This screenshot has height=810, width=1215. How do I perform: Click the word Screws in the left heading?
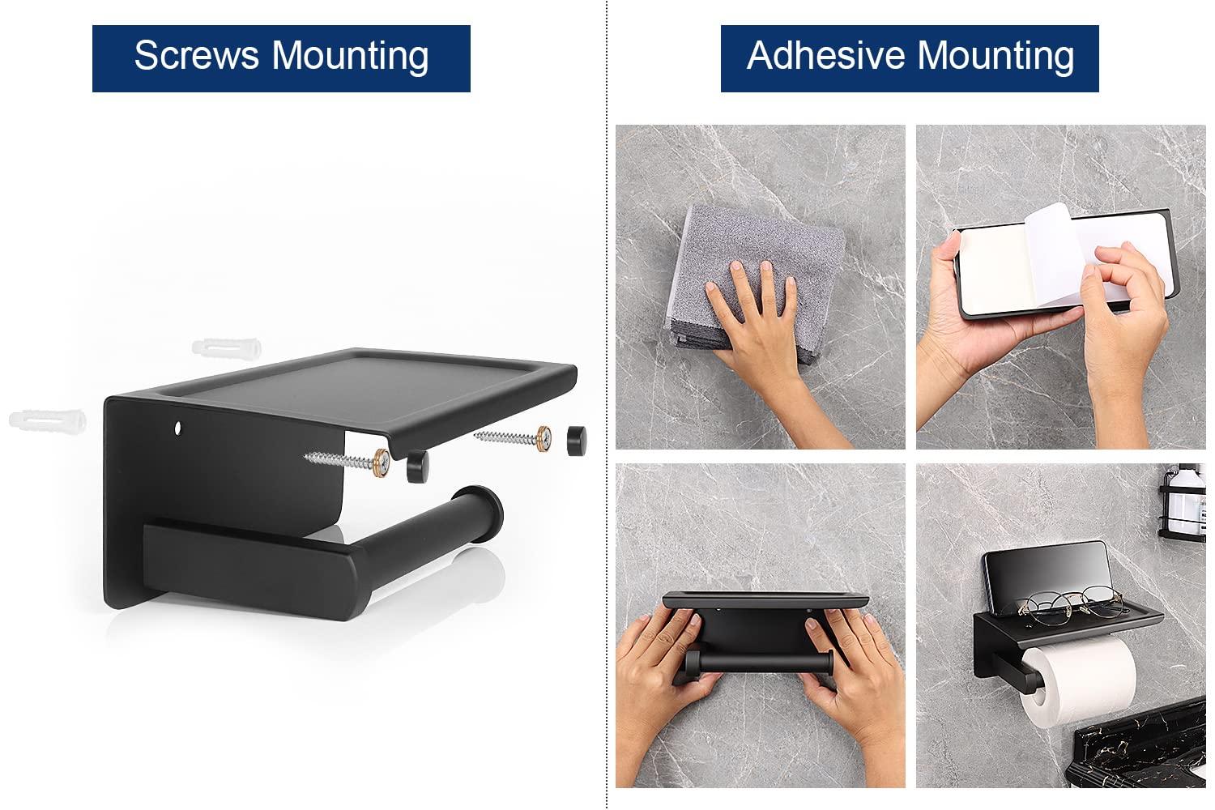(197, 56)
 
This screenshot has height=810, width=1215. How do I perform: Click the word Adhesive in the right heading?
(825, 56)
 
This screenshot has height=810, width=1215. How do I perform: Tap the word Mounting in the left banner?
(350, 56)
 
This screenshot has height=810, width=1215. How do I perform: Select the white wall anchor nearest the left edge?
(47, 420)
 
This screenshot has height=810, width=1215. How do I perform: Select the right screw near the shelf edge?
(510, 438)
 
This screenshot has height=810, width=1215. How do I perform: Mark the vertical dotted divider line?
(607, 405)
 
